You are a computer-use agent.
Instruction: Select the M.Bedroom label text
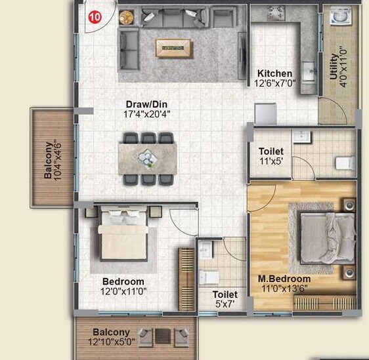pos(284,279)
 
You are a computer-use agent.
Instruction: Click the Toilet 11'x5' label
pos(271,157)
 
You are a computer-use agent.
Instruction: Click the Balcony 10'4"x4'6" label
pos(53,159)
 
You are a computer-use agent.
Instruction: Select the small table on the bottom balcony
pos(161,336)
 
